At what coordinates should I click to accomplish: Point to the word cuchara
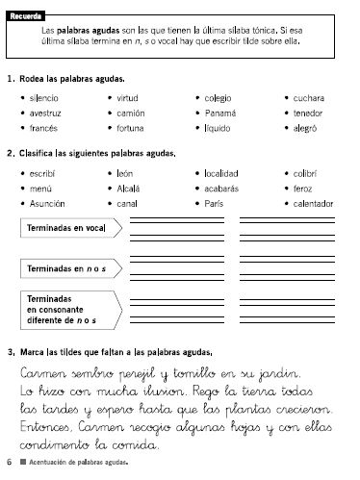tap(310, 98)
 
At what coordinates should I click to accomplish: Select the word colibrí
tap(307, 173)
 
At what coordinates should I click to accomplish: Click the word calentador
tap(316, 204)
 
